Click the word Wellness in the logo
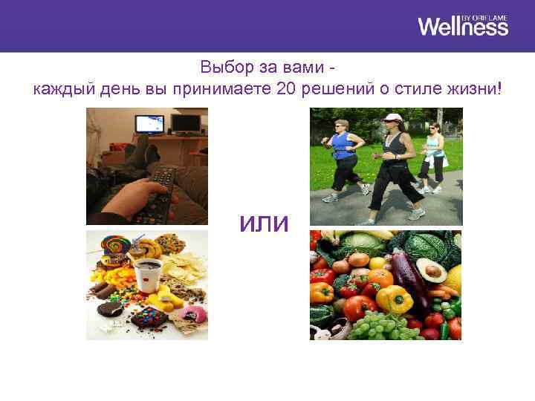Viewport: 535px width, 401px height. [462, 27]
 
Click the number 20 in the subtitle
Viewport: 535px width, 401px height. [286, 90]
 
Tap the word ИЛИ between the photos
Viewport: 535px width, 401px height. [264, 224]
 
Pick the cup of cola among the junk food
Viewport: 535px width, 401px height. [149, 275]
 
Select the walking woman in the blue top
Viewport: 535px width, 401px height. [343, 156]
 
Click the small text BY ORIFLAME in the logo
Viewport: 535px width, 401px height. [485, 16]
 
